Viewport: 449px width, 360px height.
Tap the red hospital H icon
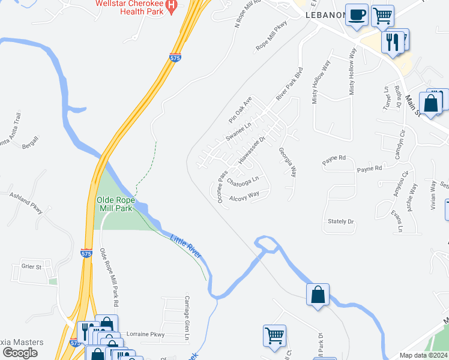point(172,7)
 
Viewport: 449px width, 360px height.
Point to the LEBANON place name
point(325,15)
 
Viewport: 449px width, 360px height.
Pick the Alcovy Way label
point(244,195)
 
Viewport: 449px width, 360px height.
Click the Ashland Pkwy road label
point(26,203)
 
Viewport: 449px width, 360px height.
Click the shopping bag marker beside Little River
point(318,295)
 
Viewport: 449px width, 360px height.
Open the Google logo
point(20,352)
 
